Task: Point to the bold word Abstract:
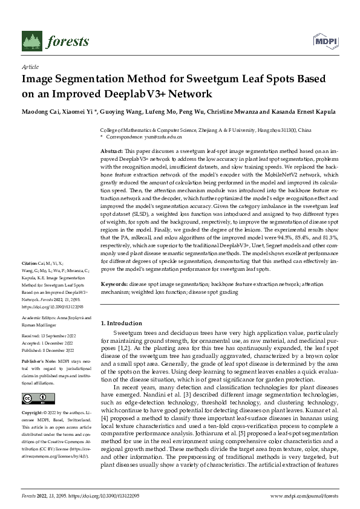[x=111, y=150]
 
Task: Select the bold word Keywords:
[x=114, y=284]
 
